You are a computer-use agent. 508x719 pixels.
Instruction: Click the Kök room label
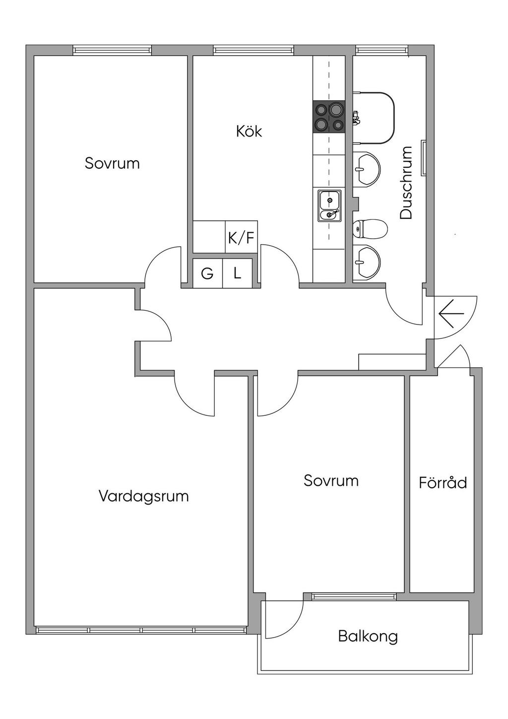pos(249,131)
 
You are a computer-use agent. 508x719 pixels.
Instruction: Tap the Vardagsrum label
pos(143,496)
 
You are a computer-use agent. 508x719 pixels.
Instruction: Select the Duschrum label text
pos(406,183)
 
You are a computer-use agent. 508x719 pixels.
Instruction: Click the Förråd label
pos(443,482)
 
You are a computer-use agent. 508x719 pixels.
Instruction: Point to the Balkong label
pos(368,636)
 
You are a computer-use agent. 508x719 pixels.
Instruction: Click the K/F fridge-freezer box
pos(241,238)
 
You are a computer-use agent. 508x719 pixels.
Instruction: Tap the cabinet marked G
pos(207,273)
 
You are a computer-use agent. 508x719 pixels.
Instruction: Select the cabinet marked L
pos(238,273)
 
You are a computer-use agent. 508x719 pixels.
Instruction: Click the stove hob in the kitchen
pos(328,117)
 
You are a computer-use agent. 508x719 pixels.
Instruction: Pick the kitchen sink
pos(329,205)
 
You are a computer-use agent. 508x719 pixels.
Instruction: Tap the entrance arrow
pos(451,314)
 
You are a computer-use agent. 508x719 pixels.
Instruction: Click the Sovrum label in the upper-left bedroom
pos(112,163)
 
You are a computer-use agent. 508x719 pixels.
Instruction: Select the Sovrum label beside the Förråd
pos(331,480)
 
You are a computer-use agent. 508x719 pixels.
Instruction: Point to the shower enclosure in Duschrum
pos(375,118)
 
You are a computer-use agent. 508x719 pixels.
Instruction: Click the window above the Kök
pos(254,50)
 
